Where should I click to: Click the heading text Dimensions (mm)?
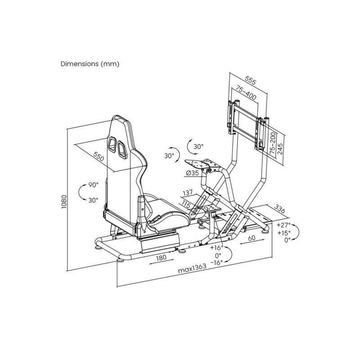point(90,64)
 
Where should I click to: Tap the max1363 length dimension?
point(193,268)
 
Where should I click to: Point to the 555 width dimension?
point(250,80)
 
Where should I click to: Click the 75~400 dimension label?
point(246,94)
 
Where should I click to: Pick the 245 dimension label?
point(280,148)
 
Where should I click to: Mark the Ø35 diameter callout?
point(193,173)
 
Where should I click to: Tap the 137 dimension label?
point(188,193)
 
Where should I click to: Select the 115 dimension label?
point(186,204)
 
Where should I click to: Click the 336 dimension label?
point(279,209)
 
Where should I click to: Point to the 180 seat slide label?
point(161,257)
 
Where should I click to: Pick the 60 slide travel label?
point(252,238)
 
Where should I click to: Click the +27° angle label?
point(284,225)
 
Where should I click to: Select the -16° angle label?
point(217,263)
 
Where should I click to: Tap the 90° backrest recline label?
point(94,185)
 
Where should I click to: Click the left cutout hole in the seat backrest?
point(112,144)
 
